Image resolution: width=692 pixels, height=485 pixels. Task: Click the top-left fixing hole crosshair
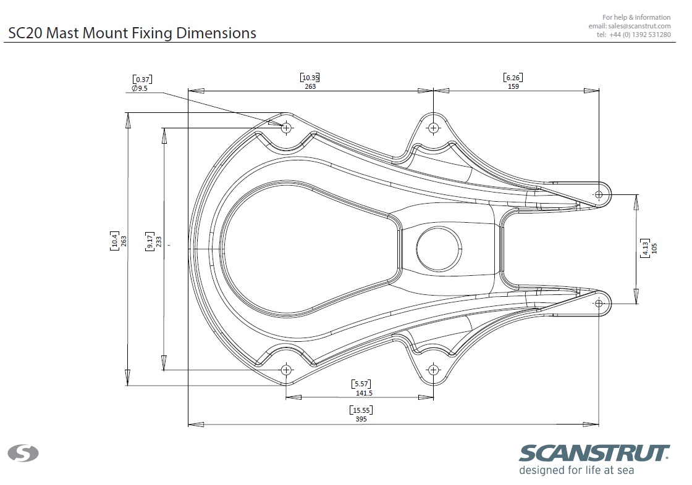click(x=287, y=128)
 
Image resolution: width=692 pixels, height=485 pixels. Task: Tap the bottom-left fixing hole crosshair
click(x=287, y=369)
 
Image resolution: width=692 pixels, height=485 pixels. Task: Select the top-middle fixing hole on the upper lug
click(x=433, y=128)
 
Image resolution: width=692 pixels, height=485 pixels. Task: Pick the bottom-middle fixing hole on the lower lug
click(x=433, y=369)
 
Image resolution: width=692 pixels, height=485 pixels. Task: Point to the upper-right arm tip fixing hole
click(x=599, y=194)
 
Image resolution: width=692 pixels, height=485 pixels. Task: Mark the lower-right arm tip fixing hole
click(x=599, y=304)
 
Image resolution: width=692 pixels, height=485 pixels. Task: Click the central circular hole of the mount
click(x=439, y=249)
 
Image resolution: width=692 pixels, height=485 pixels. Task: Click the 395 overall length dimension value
click(x=361, y=419)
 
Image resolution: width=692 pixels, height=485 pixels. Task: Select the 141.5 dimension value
click(x=364, y=393)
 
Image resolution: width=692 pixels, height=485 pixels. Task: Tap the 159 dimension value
click(x=513, y=86)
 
